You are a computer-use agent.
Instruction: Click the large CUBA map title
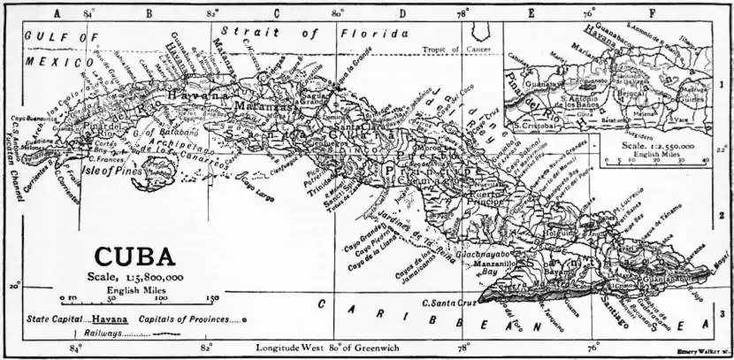tap(134, 257)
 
